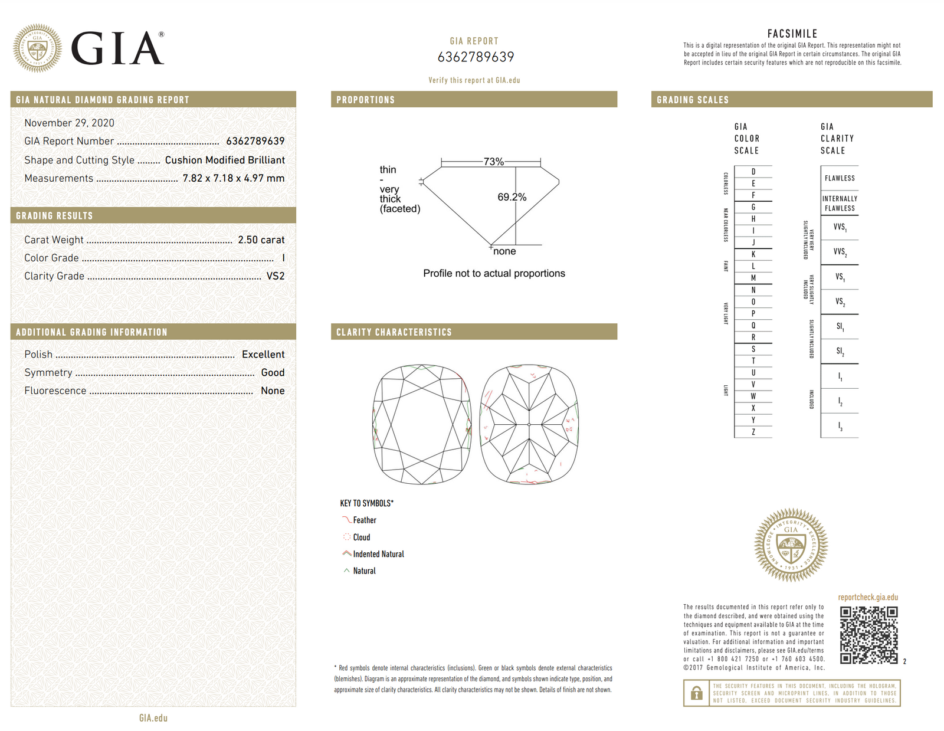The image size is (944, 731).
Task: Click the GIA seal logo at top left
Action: pos(37,48)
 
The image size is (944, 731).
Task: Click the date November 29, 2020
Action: pos(69,123)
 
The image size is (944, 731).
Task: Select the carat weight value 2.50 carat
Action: pos(261,240)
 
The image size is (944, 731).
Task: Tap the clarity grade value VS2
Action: pos(275,276)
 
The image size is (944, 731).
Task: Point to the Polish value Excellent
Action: pos(263,354)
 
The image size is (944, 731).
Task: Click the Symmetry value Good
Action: pos(273,372)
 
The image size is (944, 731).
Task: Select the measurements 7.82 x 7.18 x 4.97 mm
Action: pos(233,178)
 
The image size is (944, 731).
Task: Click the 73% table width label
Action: pos(493,162)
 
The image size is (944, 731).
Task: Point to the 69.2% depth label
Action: pos(512,196)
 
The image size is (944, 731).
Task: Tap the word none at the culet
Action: pos(504,251)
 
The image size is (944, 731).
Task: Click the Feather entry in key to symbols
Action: pos(364,520)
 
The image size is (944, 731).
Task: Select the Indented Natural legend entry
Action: pos(378,554)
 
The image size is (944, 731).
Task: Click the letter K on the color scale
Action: pos(753,254)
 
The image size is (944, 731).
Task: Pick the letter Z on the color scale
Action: pos(753,432)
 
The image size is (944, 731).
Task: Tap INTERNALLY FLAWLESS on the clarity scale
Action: pos(840,203)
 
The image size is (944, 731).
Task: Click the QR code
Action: pos(868,635)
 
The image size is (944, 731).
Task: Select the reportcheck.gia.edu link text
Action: pos(868,597)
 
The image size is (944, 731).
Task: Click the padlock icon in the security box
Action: pos(696,693)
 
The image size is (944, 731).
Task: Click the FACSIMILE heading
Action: pos(792,34)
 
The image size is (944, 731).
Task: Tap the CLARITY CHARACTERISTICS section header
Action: pos(394,332)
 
